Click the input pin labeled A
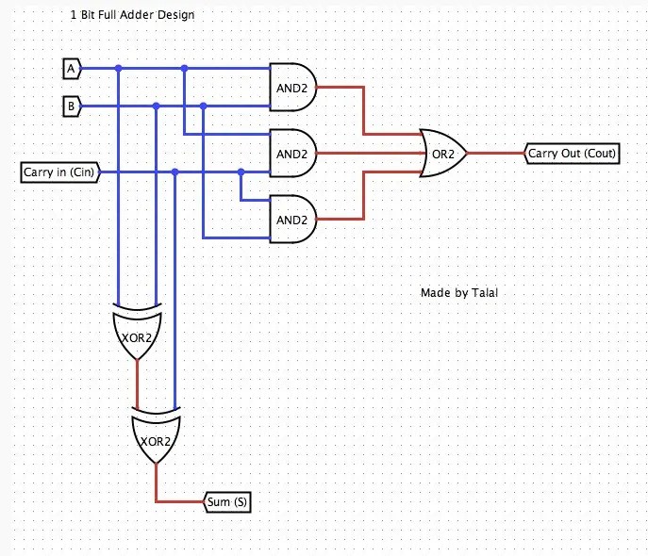coord(71,69)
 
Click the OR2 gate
coord(442,153)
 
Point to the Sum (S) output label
coord(227,502)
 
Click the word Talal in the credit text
coord(484,293)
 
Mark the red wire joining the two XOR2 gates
coord(138,383)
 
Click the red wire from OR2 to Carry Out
coord(495,153)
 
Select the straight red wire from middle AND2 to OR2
coord(368,153)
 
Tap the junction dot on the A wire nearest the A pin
coord(118,69)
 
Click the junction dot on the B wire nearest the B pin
coord(156,105)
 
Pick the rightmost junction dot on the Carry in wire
coord(241,172)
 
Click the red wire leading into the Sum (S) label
coord(179,501)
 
